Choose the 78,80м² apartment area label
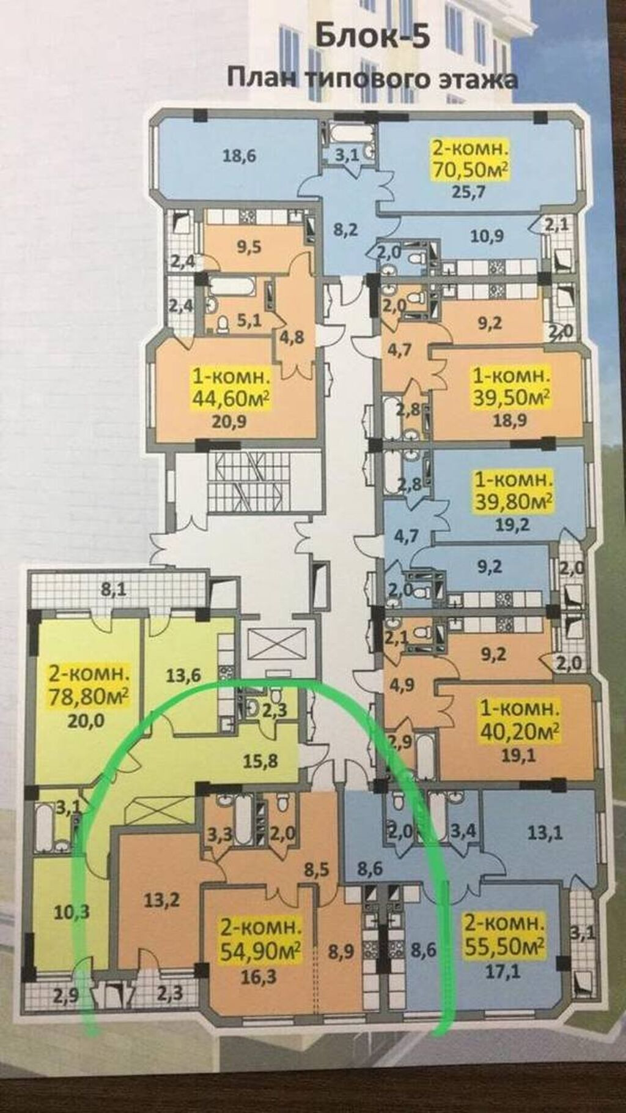tap(89, 697)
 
